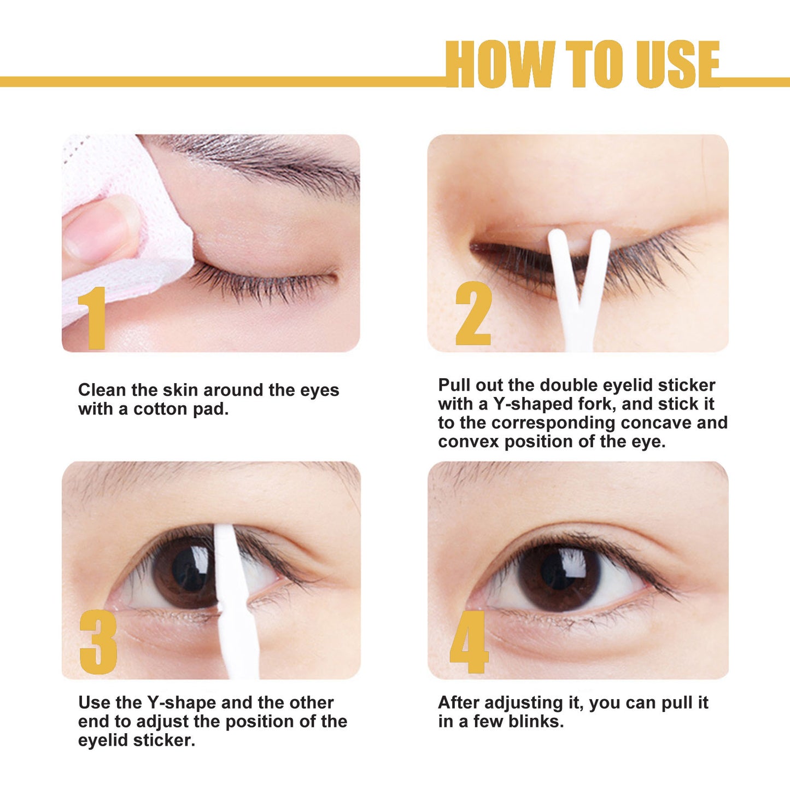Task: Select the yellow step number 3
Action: (98, 642)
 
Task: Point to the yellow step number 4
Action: (469, 642)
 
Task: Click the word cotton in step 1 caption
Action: (161, 409)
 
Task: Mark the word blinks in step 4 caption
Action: (536, 721)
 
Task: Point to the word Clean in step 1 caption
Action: (102, 390)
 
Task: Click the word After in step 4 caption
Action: (459, 703)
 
